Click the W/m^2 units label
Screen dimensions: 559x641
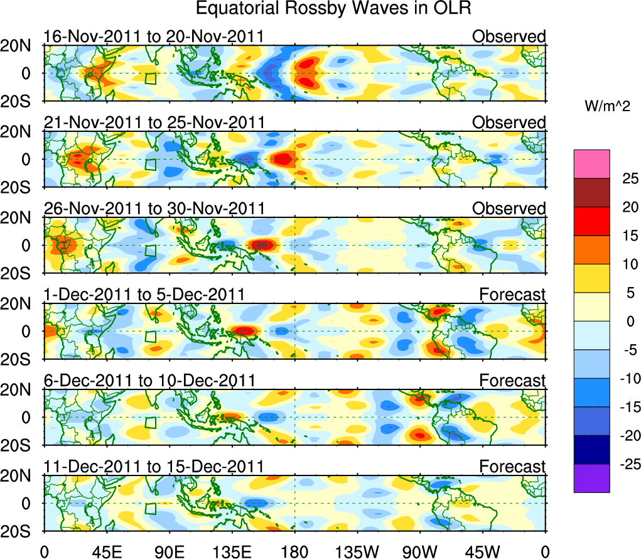[607, 107]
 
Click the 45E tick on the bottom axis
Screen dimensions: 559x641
[105, 551]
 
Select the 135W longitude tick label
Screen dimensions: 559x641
[355, 551]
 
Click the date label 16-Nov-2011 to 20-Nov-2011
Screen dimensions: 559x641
[154, 36]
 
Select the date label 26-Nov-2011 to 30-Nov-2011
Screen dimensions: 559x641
[154, 209]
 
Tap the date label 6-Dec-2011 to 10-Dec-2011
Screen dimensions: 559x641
[149, 381]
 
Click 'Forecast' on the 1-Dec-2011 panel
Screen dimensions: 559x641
[512, 295]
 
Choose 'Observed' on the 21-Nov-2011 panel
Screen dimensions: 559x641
[509, 122]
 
